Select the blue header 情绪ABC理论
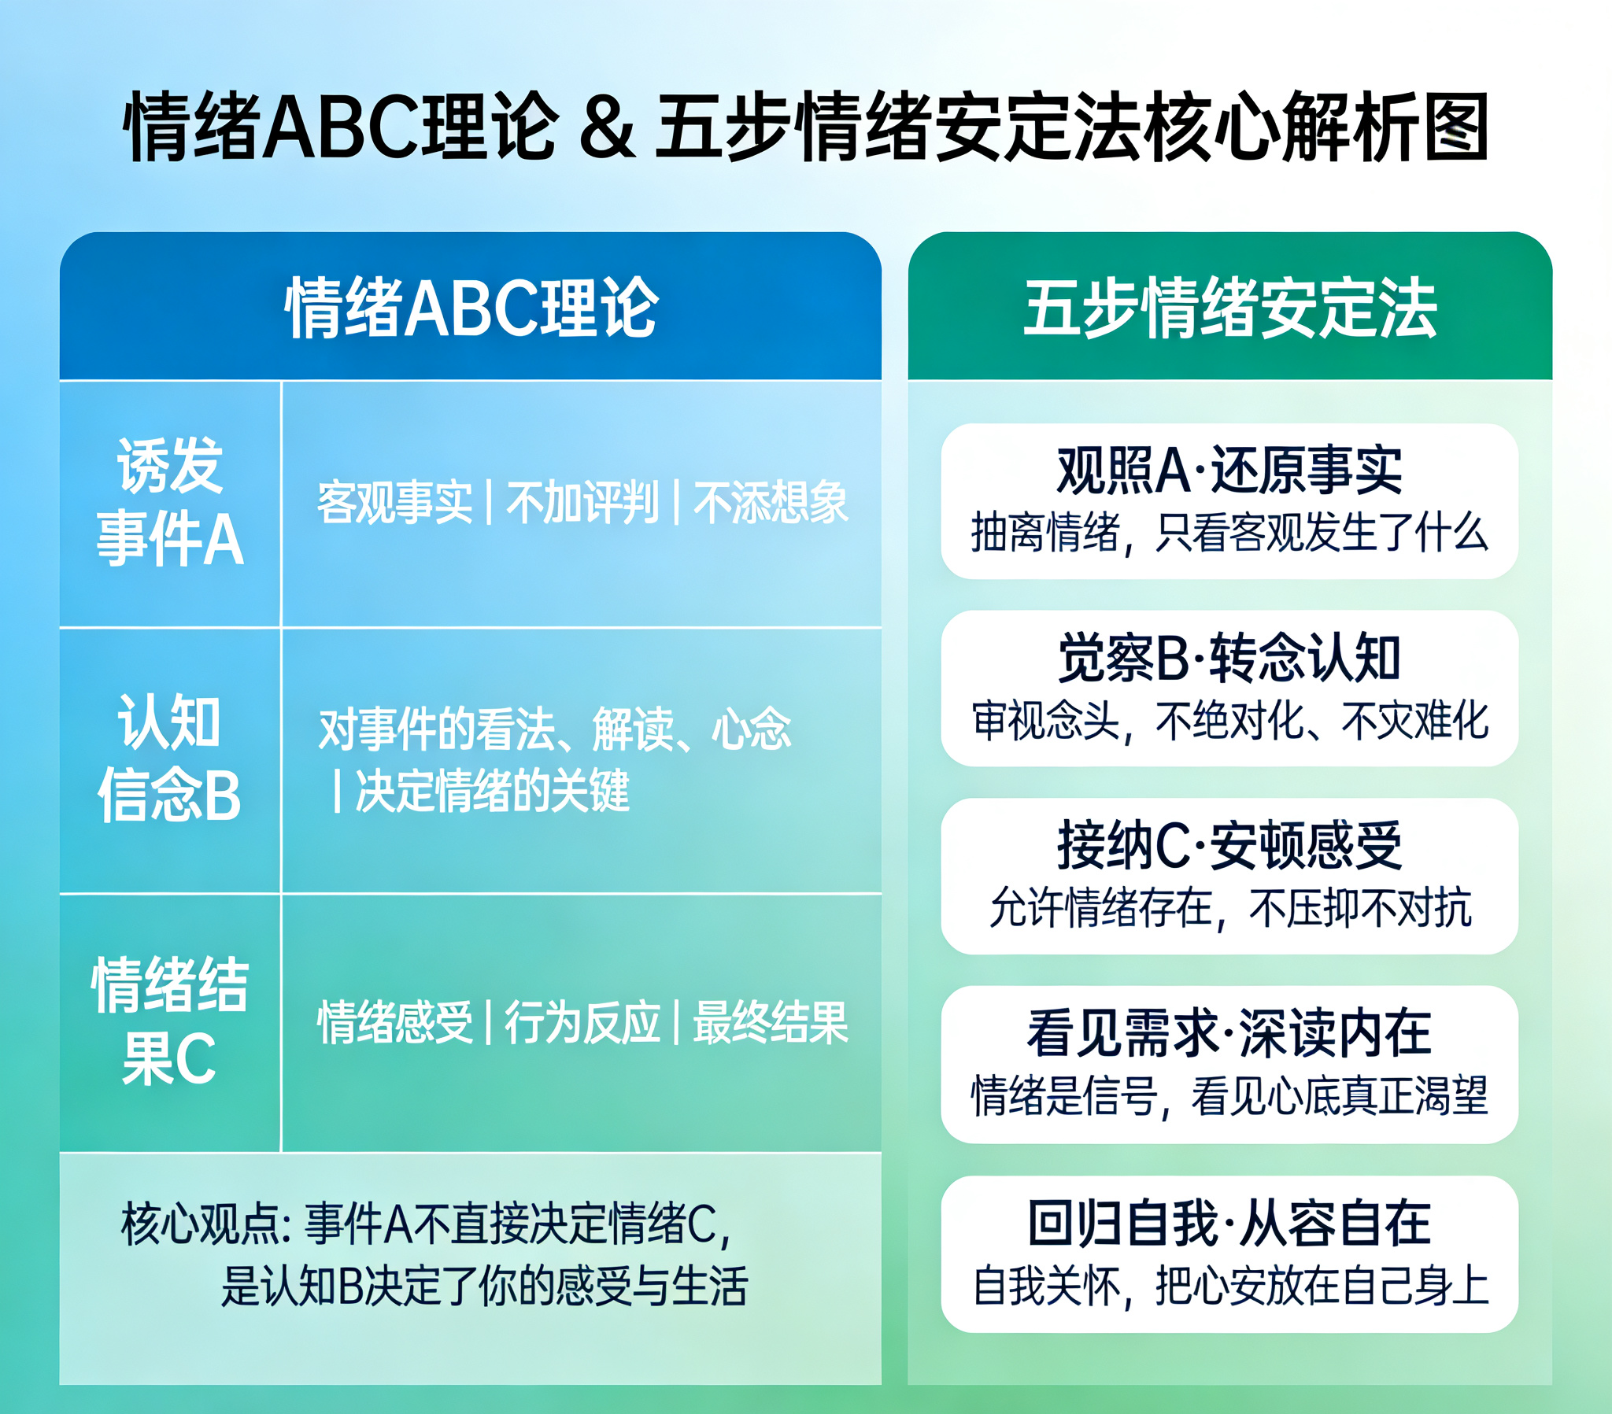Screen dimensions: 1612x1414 tap(471, 308)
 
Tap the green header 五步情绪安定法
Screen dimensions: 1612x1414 tap(1230, 308)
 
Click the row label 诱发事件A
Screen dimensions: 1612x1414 tap(169, 501)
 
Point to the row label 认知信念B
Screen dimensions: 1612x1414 tap(169, 757)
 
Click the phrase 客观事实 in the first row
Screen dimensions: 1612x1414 tap(394, 501)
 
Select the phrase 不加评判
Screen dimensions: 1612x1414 tap(582, 501)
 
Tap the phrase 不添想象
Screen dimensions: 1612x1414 tap(771, 501)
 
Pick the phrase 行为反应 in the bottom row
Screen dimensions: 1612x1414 tap(582, 1022)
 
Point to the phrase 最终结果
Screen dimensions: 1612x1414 tap(771, 1022)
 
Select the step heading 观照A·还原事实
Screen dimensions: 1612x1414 tap(1229, 470)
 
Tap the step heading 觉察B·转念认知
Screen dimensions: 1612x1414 tap(1229, 658)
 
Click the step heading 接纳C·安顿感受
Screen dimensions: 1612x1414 tap(1229, 845)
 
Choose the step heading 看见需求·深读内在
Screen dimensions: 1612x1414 tap(1229, 1032)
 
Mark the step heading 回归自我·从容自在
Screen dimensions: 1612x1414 tap(1229, 1222)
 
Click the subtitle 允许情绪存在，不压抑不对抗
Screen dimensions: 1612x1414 tap(1230, 908)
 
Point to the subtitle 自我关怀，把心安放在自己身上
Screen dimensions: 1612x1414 tap(1230, 1287)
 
